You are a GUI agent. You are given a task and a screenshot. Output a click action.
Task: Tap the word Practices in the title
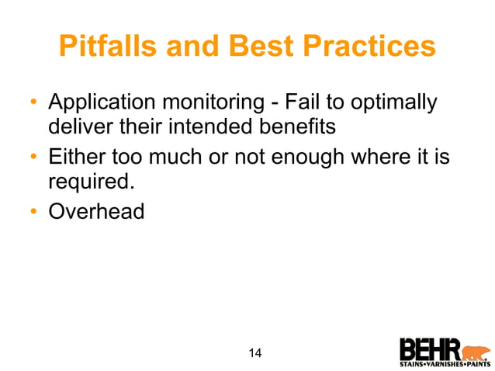coord(377,47)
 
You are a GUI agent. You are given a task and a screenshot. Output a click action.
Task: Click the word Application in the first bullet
coord(100,103)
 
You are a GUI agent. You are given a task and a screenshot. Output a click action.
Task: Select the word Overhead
coord(96,211)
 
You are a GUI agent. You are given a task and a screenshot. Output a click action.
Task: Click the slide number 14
coord(254,354)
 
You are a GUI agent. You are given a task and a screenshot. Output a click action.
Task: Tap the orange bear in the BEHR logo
coord(476,347)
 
